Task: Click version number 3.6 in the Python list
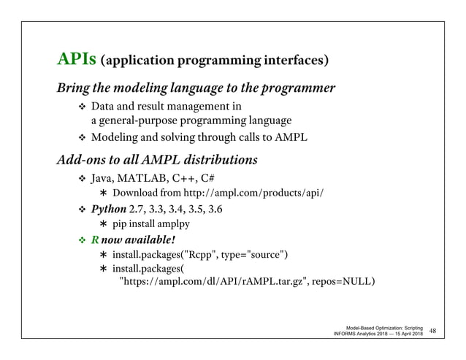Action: (x=215, y=210)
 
